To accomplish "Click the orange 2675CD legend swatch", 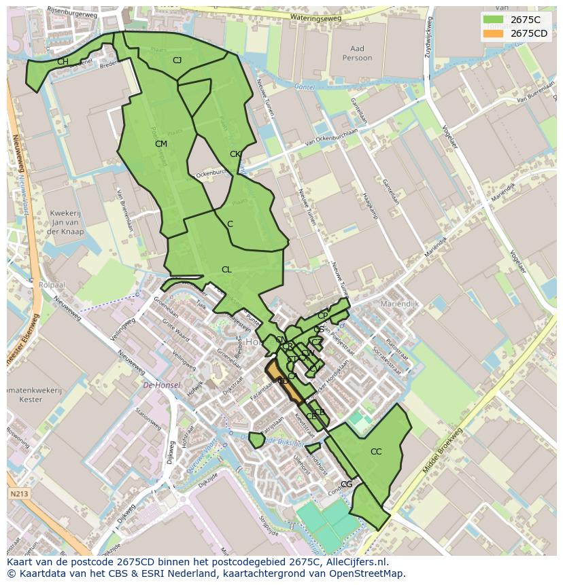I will tap(494, 33).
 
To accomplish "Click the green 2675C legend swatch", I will tap(494, 20).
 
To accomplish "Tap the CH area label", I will tap(63, 62).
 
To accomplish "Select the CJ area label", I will tap(177, 60).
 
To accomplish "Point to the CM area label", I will tap(161, 144).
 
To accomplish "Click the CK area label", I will tap(235, 154).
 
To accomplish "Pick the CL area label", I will tap(226, 270).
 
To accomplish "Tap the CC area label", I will tap(376, 452).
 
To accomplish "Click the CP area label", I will tap(322, 316).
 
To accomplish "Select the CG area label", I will tap(347, 484).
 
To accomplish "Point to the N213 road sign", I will tap(19, 494).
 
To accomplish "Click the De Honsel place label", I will tap(162, 385).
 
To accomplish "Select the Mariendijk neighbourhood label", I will tap(400, 304).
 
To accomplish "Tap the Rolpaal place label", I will tap(52, 285).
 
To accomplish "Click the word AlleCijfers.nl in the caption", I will tap(354, 562).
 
